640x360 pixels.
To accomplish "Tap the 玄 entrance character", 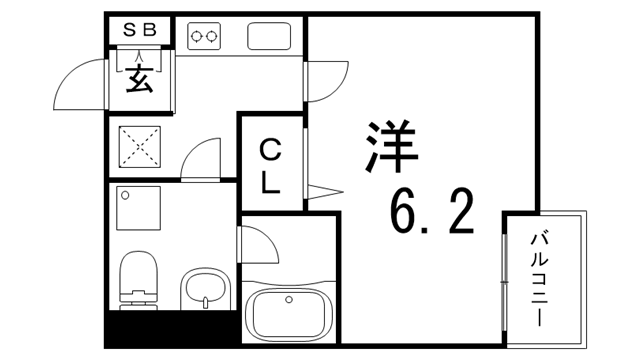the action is pyautogui.click(x=139, y=79).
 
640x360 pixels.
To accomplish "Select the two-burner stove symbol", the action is pyautogui.click(x=204, y=36).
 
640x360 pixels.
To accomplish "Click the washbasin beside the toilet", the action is pyautogui.click(x=206, y=291).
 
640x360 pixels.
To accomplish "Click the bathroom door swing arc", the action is pyautogui.click(x=257, y=243).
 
